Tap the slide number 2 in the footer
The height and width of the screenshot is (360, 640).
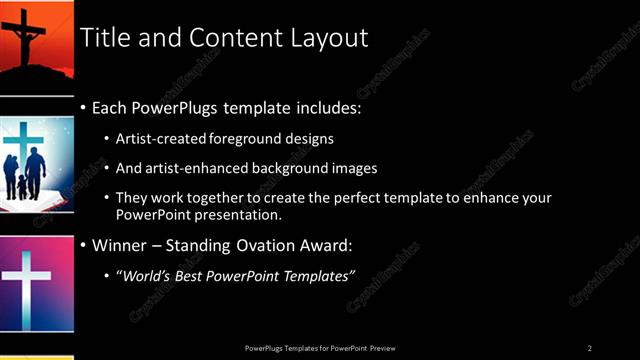click(x=590, y=347)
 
